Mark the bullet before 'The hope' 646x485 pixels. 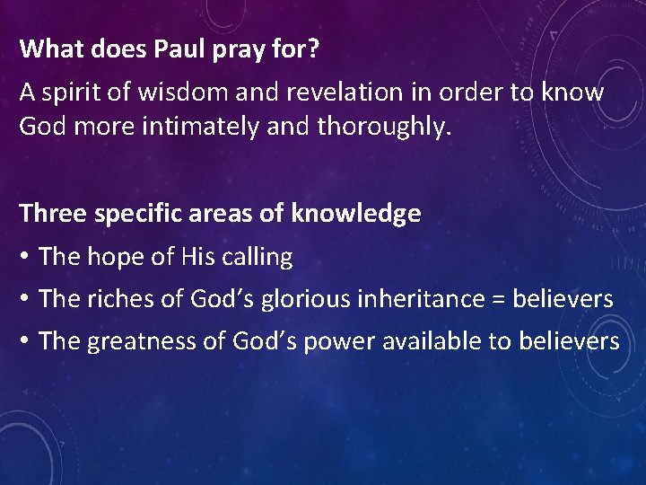click(27, 258)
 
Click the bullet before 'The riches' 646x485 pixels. click(27, 299)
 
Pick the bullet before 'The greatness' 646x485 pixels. click(27, 341)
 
